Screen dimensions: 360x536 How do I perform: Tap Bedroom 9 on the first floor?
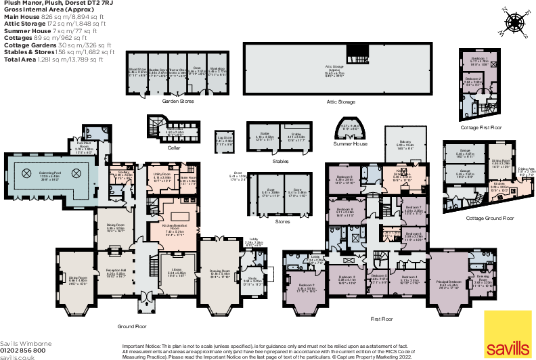pyautogui.click(x=345, y=179)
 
